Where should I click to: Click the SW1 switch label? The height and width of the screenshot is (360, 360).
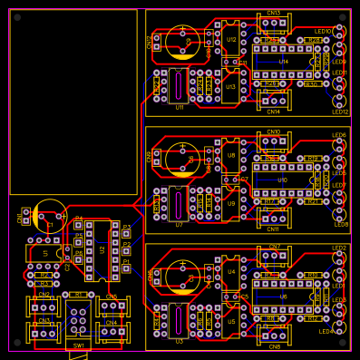tap(78, 345)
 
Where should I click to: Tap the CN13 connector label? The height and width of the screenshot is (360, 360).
tap(274, 14)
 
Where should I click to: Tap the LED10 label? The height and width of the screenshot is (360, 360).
tap(323, 31)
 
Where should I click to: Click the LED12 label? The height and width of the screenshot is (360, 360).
tap(339, 112)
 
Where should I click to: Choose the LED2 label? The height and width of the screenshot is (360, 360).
tap(339, 248)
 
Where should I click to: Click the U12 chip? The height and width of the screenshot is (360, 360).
tap(231, 39)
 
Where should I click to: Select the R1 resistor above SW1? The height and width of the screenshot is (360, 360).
tap(78, 295)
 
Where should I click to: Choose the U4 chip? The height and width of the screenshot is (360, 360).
tap(231, 271)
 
